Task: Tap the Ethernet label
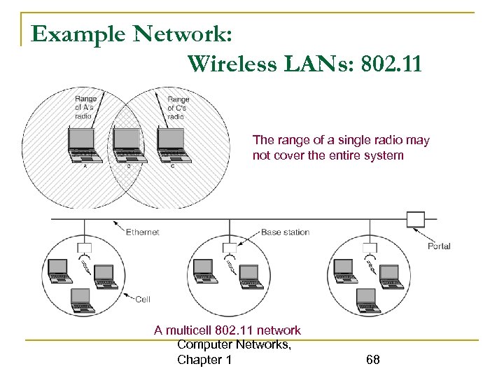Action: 143,232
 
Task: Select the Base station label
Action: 285,232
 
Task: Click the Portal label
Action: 438,246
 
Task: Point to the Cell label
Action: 142,299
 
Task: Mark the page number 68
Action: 372,360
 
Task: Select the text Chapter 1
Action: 204,360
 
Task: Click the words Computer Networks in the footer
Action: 234,344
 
